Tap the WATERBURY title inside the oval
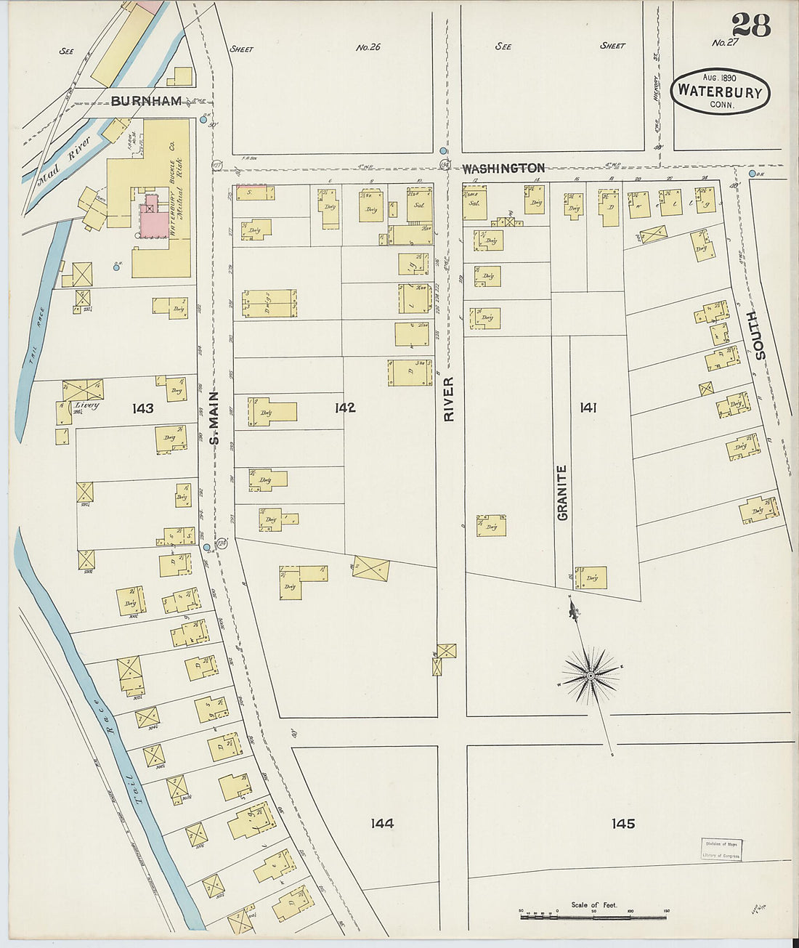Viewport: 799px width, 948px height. tap(720, 92)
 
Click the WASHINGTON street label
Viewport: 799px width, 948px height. tap(503, 168)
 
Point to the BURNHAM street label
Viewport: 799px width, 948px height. tap(146, 101)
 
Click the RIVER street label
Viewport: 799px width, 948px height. tap(449, 399)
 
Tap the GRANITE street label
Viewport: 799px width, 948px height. tap(562, 493)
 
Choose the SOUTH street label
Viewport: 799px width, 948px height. tap(760, 335)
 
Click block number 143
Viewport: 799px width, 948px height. tap(143, 408)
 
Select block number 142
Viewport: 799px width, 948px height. tap(345, 408)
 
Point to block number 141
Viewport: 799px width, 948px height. tap(588, 408)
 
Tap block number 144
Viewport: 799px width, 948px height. tap(382, 823)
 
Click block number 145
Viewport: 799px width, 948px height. tap(622, 823)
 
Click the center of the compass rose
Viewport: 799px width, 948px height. tap(591, 676)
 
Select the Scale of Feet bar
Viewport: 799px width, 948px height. tap(593, 917)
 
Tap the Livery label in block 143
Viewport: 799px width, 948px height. tap(86, 405)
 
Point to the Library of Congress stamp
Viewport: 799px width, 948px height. tap(721, 849)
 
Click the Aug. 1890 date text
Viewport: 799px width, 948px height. tap(719, 78)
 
